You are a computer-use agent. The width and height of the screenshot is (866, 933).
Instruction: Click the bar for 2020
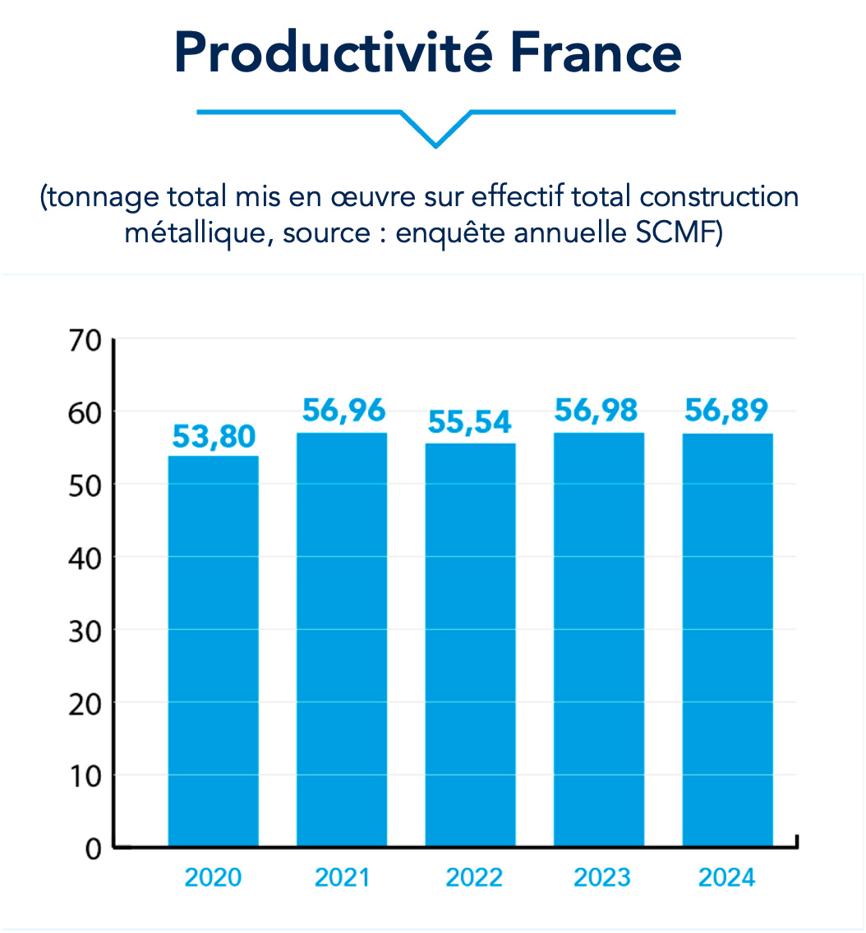[214, 650]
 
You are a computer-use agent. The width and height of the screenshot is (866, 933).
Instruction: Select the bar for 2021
[342, 639]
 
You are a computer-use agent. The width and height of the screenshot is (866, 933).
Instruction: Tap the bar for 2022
[470, 645]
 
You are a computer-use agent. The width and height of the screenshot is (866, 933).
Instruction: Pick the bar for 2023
[599, 639]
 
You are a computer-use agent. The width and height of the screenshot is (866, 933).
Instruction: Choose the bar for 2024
[727, 639]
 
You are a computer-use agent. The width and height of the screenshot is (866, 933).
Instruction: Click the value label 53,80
[214, 437]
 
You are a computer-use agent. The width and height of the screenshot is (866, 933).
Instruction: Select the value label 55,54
[470, 422]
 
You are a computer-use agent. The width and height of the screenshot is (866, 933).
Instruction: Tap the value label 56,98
[597, 411]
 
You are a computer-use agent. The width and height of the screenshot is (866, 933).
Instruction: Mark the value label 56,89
[726, 411]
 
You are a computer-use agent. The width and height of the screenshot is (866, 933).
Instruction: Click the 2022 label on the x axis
[474, 877]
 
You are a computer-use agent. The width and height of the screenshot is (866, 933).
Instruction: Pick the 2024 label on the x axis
[726, 877]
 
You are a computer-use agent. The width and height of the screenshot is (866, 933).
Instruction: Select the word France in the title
[596, 52]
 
